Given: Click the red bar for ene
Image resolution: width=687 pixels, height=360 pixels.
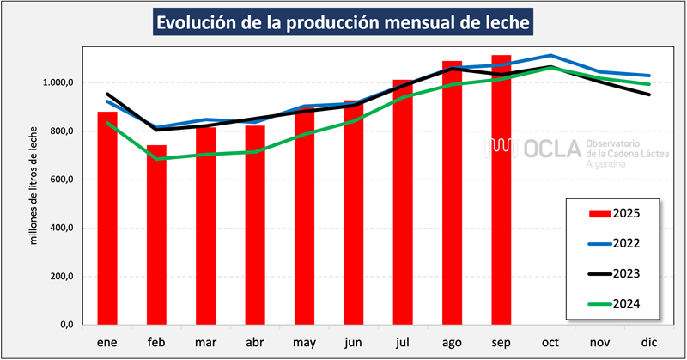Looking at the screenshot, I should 107,218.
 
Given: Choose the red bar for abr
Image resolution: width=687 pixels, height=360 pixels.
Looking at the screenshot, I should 255,225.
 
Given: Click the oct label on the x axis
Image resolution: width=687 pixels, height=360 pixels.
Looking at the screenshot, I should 550,342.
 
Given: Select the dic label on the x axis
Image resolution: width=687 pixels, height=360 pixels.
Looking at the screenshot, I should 649,342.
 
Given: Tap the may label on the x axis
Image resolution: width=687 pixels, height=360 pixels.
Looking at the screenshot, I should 304,342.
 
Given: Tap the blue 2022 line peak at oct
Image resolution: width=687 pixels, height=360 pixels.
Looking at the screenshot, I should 550,55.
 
